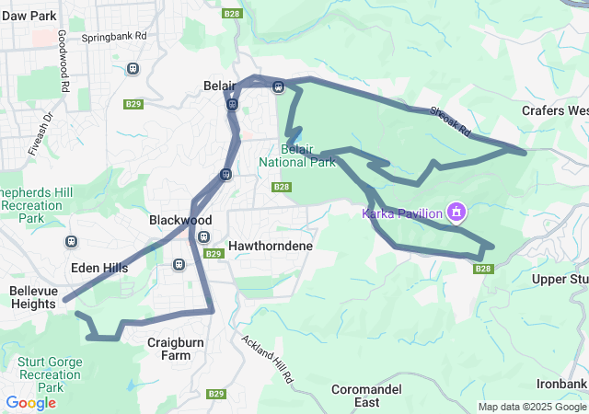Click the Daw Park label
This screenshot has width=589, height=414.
pos(29,17)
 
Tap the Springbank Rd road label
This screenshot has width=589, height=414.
pos(114,38)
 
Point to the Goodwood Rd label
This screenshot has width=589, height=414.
pos(63,60)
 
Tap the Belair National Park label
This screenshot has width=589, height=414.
pos(297,155)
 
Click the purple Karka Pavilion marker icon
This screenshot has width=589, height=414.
pos(455,213)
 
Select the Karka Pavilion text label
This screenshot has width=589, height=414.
pos(403,213)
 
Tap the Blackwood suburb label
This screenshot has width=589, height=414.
pos(180,221)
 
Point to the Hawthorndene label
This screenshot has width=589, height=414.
pos(271,247)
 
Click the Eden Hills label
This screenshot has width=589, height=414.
pos(99,268)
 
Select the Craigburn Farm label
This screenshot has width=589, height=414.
pos(175,348)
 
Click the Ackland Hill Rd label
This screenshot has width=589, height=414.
pos(269,358)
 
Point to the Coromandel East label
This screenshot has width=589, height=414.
pos(366,396)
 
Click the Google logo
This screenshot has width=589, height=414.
pos(30,403)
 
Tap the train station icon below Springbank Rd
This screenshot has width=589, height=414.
pos(133,68)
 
